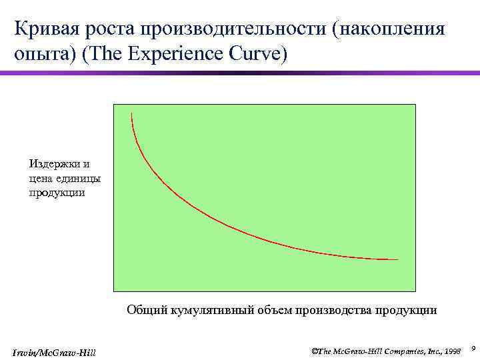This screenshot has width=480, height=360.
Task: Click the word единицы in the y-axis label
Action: (77, 178)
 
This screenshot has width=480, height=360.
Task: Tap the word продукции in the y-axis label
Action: (57, 193)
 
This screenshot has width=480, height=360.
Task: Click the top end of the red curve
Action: (132, 113)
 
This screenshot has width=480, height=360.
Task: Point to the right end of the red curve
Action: (397, 259)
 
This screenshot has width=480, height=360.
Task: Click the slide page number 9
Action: (472, 347)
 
